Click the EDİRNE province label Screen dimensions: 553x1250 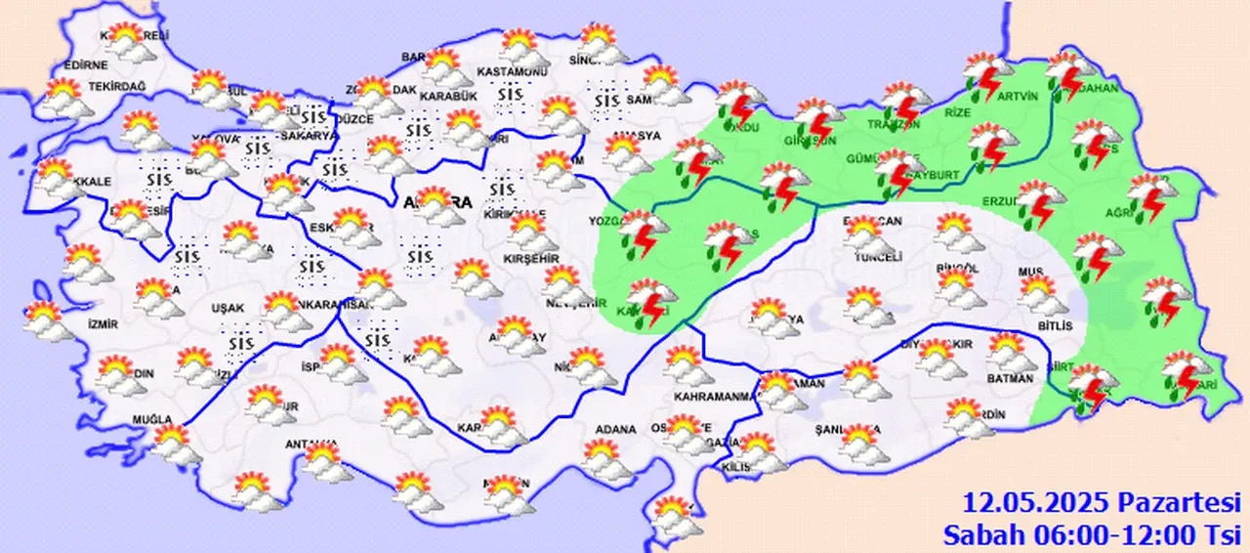pos(85,65)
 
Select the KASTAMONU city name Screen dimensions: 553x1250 pos(513,72)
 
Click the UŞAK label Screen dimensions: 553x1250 pos(228,308)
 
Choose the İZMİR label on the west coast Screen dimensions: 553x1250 pos(103,323)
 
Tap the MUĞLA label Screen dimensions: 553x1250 pos(151,421)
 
